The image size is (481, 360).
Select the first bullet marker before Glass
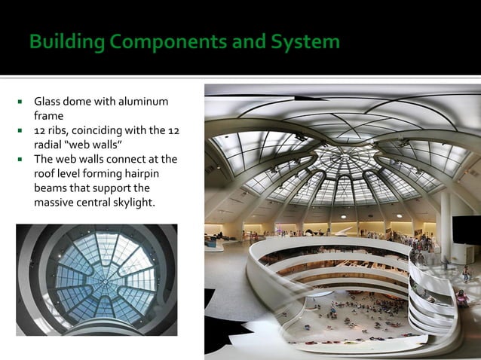click(23, 102)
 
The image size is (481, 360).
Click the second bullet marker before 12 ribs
click(23, 131)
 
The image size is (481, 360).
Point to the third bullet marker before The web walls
click(23, 160)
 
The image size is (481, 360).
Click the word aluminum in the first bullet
click(142, 102)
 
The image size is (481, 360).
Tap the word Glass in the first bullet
click(48, 102)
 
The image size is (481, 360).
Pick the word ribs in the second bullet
click(58, 131)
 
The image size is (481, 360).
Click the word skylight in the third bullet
click(132, 203)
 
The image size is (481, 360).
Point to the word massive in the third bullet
click(54, 203)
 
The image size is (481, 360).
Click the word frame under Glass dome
click(48, 116)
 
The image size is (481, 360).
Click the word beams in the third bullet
click(51, 188)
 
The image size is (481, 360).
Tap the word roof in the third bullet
click(45, 174)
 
